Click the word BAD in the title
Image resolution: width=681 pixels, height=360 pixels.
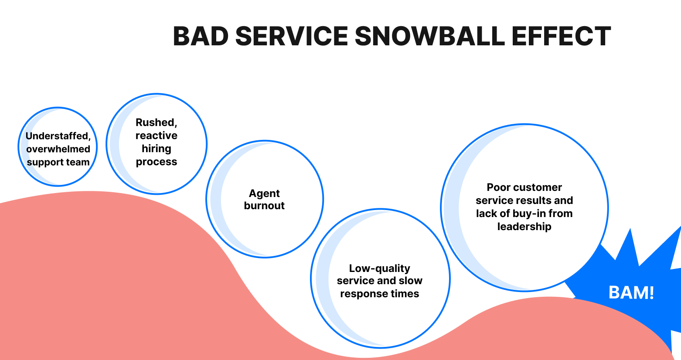(x=201, y=36)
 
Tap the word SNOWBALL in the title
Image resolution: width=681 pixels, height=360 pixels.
(x=429, y=36)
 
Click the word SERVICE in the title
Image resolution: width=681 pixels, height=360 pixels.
(x=292, y=36)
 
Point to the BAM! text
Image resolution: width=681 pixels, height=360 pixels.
(x=631, y=292)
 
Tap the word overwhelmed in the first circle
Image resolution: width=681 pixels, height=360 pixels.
(x=58, y=149)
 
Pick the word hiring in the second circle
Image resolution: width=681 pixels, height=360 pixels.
(x=156, y=149)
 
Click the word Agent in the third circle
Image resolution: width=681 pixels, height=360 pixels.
(x=264, y=193)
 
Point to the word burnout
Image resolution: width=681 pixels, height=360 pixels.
(x=264, y=206)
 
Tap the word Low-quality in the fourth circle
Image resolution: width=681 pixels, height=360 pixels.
(x=379, y=268)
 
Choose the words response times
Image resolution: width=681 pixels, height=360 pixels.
(x=379, y=294)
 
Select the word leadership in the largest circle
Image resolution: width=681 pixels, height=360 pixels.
(x=524, y=227)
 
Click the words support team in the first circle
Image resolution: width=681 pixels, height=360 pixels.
(x=58, y=162)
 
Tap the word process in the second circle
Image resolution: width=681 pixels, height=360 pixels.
(x=156, y=162)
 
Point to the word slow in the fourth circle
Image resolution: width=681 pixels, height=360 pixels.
(x=410, y=281)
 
